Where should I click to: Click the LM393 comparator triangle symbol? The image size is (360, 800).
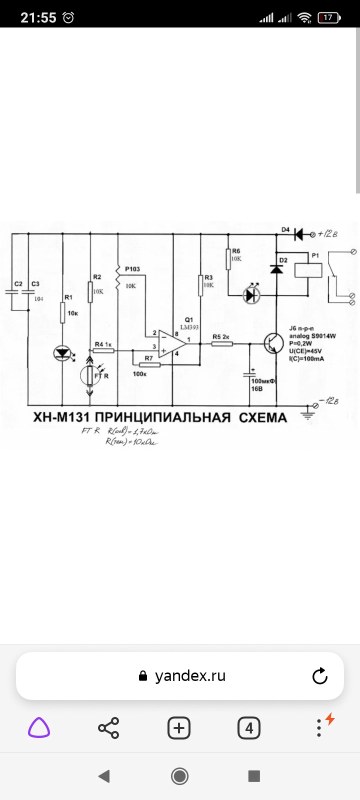[171, 343]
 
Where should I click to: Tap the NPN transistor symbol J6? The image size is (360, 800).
[273, 344]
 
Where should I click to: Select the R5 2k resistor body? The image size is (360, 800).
[221, 343]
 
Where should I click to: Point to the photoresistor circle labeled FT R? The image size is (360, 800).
[90, 375]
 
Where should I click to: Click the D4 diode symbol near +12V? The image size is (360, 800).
[298, 233]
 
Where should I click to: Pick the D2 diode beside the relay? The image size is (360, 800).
[276, 269]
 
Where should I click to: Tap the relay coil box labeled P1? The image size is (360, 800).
[307, 269]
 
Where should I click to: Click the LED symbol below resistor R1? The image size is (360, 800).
[62, 353]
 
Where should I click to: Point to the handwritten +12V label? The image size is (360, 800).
[327, 233]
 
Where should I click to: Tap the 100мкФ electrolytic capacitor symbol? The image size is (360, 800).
[250, 374]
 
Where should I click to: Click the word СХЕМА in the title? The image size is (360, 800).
[262, 418]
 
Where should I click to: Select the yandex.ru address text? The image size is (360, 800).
[190, 676]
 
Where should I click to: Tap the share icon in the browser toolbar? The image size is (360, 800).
[108, 728]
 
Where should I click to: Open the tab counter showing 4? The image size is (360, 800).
[249, 728]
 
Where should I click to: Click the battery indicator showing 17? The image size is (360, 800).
[328, 17]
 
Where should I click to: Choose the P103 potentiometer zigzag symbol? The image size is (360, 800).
[118, 280]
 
